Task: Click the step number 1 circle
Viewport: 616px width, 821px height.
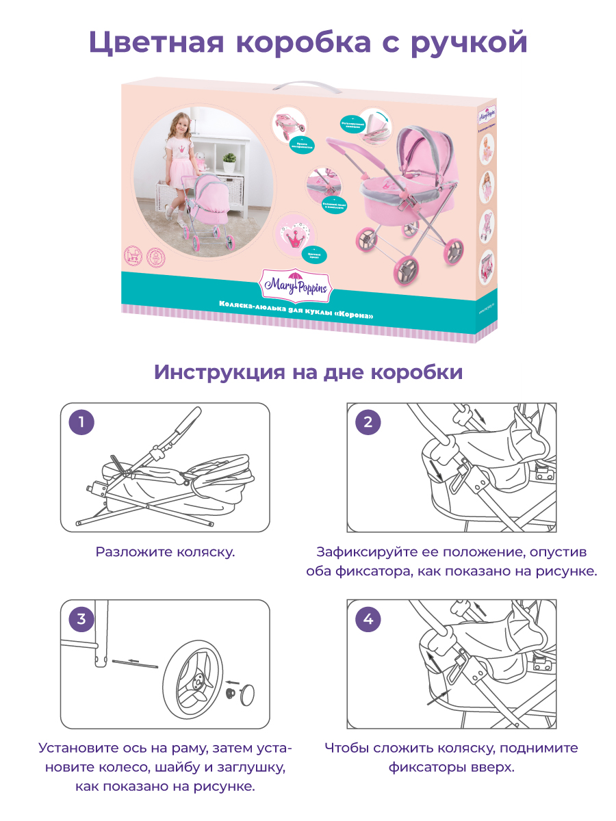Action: (x=82, y=422)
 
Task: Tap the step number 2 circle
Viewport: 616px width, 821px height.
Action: (x=368, y=422)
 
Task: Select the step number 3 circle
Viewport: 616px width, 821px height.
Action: (x=82, y=620)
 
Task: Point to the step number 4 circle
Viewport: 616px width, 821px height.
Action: (x=368, y=620)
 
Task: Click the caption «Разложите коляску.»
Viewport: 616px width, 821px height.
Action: (x=165, y=551)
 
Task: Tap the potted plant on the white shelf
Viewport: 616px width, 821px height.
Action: (x=229, y=162)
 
